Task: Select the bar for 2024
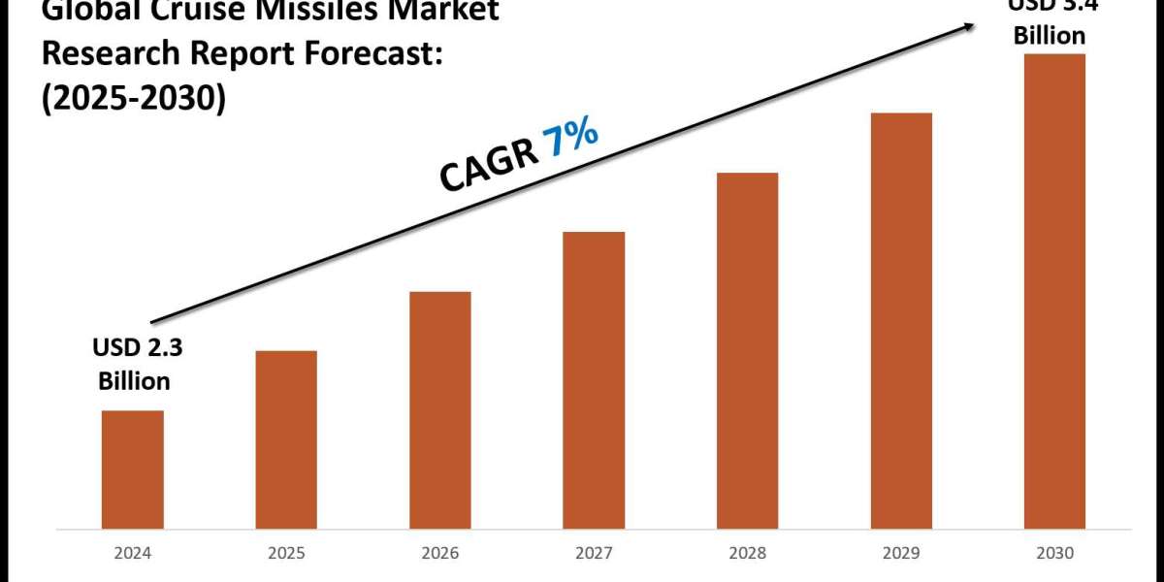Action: click(133, 469)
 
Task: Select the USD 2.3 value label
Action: click(133, 347)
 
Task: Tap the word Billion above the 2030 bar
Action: click(1050, 36)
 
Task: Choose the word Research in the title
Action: click(102, 56)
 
